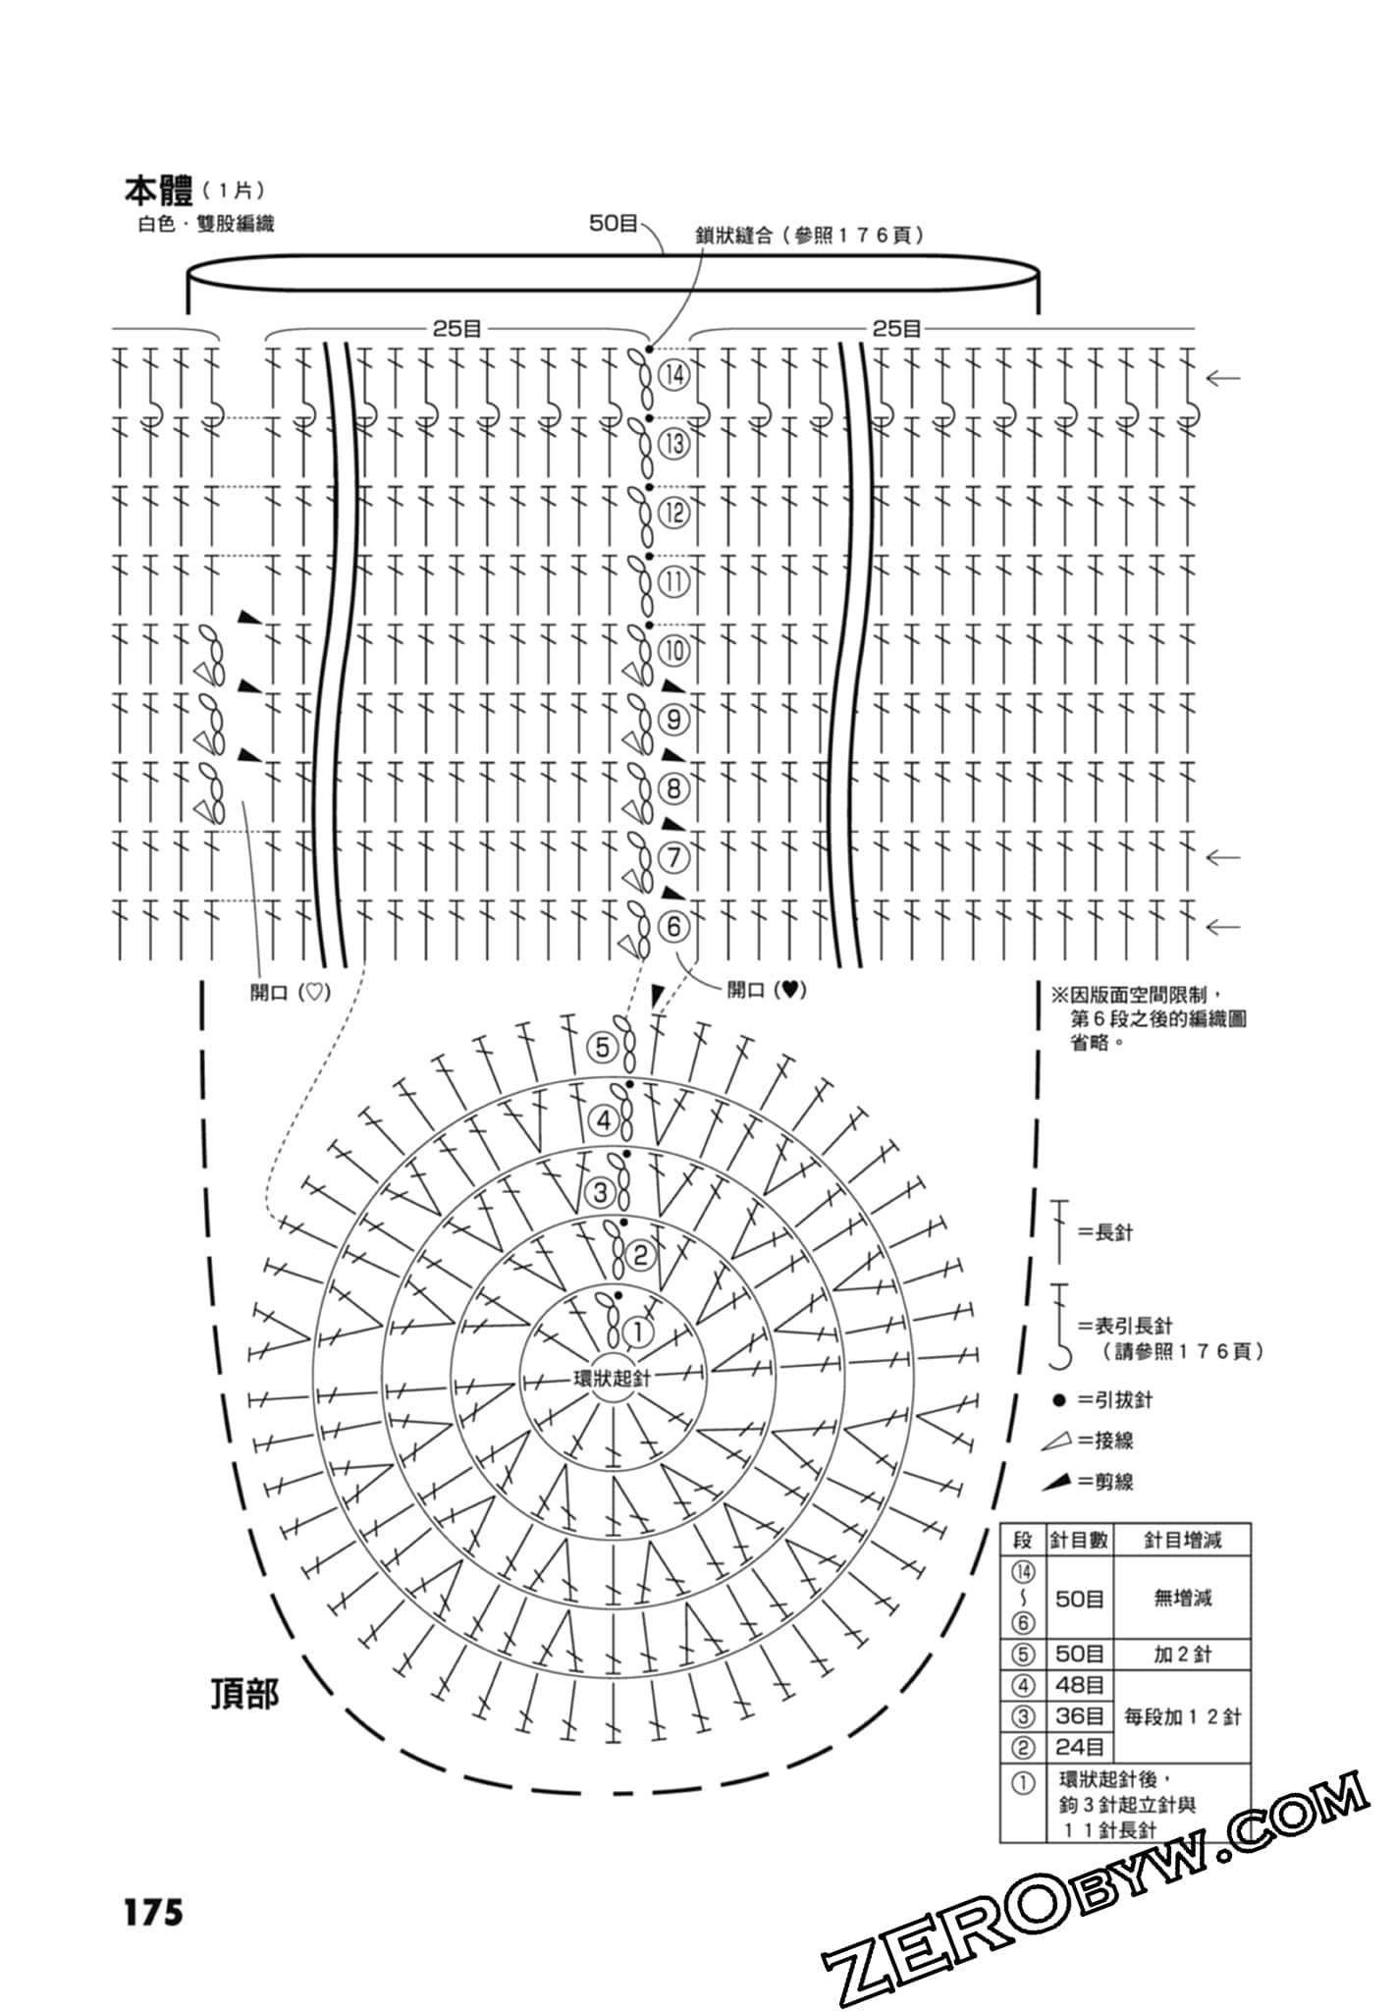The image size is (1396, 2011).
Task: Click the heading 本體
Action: click(158, 191)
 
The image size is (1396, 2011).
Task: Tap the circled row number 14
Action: click(674, 374)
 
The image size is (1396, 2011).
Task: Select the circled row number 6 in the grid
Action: click(673, 926)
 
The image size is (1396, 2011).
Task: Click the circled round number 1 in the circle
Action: click(637, 1333)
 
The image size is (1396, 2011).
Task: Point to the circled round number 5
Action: click(603, 1048)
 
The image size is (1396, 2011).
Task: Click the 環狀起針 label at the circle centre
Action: click(612, 1378)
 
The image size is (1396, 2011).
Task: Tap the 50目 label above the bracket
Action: click(614, 224)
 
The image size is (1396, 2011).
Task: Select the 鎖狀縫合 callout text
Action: click(809, 236)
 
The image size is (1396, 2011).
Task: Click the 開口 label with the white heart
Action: click(291, 993)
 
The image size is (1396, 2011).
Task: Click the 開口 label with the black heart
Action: click(767, 990)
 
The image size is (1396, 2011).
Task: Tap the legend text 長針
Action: click(1113, 1232)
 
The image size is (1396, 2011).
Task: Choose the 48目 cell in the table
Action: click(1079, 1686)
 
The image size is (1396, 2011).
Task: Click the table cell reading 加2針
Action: click(1182, 1655)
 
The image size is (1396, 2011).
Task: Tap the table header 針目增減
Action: click(1182, 1540)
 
